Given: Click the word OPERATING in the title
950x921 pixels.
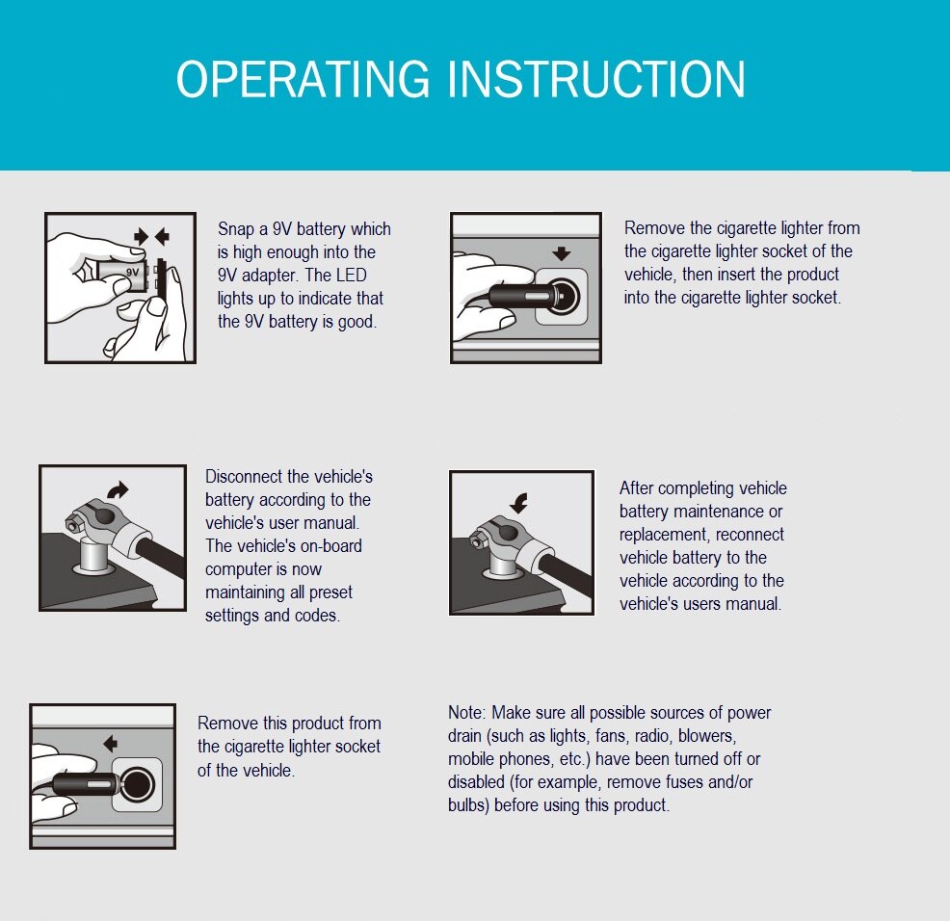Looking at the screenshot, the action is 303,79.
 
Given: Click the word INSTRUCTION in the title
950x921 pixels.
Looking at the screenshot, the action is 596,79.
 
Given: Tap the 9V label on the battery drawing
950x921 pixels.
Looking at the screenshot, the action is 133,272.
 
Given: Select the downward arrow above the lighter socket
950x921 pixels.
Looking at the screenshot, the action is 562,253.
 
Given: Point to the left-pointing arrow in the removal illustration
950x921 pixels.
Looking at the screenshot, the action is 110,744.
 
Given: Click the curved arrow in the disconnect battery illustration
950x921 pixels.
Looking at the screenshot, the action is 118,489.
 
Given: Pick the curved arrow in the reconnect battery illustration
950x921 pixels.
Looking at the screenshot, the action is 518,502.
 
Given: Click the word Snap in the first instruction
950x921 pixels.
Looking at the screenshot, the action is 235,229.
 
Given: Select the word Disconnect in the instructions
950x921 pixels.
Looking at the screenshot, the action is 245,476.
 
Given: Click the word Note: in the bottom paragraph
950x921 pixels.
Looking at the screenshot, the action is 466,713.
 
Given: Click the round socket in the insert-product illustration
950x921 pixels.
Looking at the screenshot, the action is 562,297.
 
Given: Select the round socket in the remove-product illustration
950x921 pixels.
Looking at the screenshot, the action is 137,784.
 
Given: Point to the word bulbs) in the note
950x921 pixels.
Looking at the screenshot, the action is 468,805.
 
